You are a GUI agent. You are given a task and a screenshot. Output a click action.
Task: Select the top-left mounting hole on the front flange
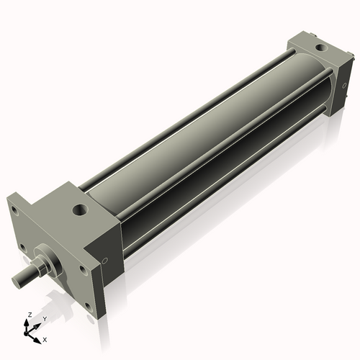point(14,211)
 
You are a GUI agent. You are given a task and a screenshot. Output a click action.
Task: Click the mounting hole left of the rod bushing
point(23,246)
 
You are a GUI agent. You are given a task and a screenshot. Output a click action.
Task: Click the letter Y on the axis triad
point(45,318)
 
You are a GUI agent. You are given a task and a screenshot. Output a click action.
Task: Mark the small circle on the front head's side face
point(106,261)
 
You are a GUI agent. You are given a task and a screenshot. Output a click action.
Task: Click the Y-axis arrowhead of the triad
point(37,324)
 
